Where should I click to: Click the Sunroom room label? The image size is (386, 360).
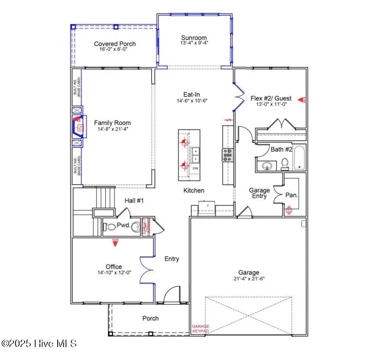click(x=194, y=38)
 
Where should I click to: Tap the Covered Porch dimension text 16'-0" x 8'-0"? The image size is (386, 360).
click(x=115, y=49)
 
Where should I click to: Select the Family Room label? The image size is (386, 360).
click(x=112, y=123)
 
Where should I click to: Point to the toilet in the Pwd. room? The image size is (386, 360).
click(x=109, y=226)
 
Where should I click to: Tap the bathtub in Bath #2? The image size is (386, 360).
click(x=299, y=158)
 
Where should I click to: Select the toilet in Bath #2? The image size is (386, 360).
click(x=285, y=163)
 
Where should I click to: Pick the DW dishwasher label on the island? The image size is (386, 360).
click(x=195, y=168)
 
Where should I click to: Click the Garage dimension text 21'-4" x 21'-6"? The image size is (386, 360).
click(x=249, y=279)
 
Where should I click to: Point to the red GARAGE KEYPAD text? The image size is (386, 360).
click(x=201, y=329)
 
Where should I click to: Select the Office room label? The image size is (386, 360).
click(x=114, y=267)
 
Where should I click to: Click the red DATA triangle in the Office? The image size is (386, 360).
click(x=116, y=243)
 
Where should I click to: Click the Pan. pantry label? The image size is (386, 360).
click(x=292, y=195)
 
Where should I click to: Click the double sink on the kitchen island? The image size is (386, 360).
click(x=195, y=152)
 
